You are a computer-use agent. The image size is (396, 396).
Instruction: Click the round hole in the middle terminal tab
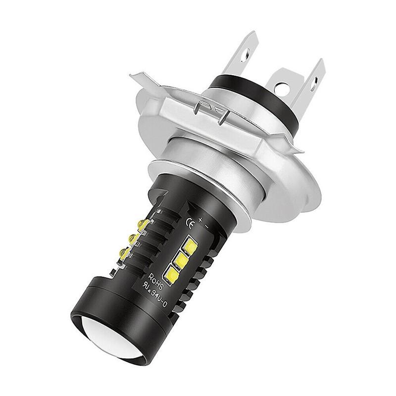282,90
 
